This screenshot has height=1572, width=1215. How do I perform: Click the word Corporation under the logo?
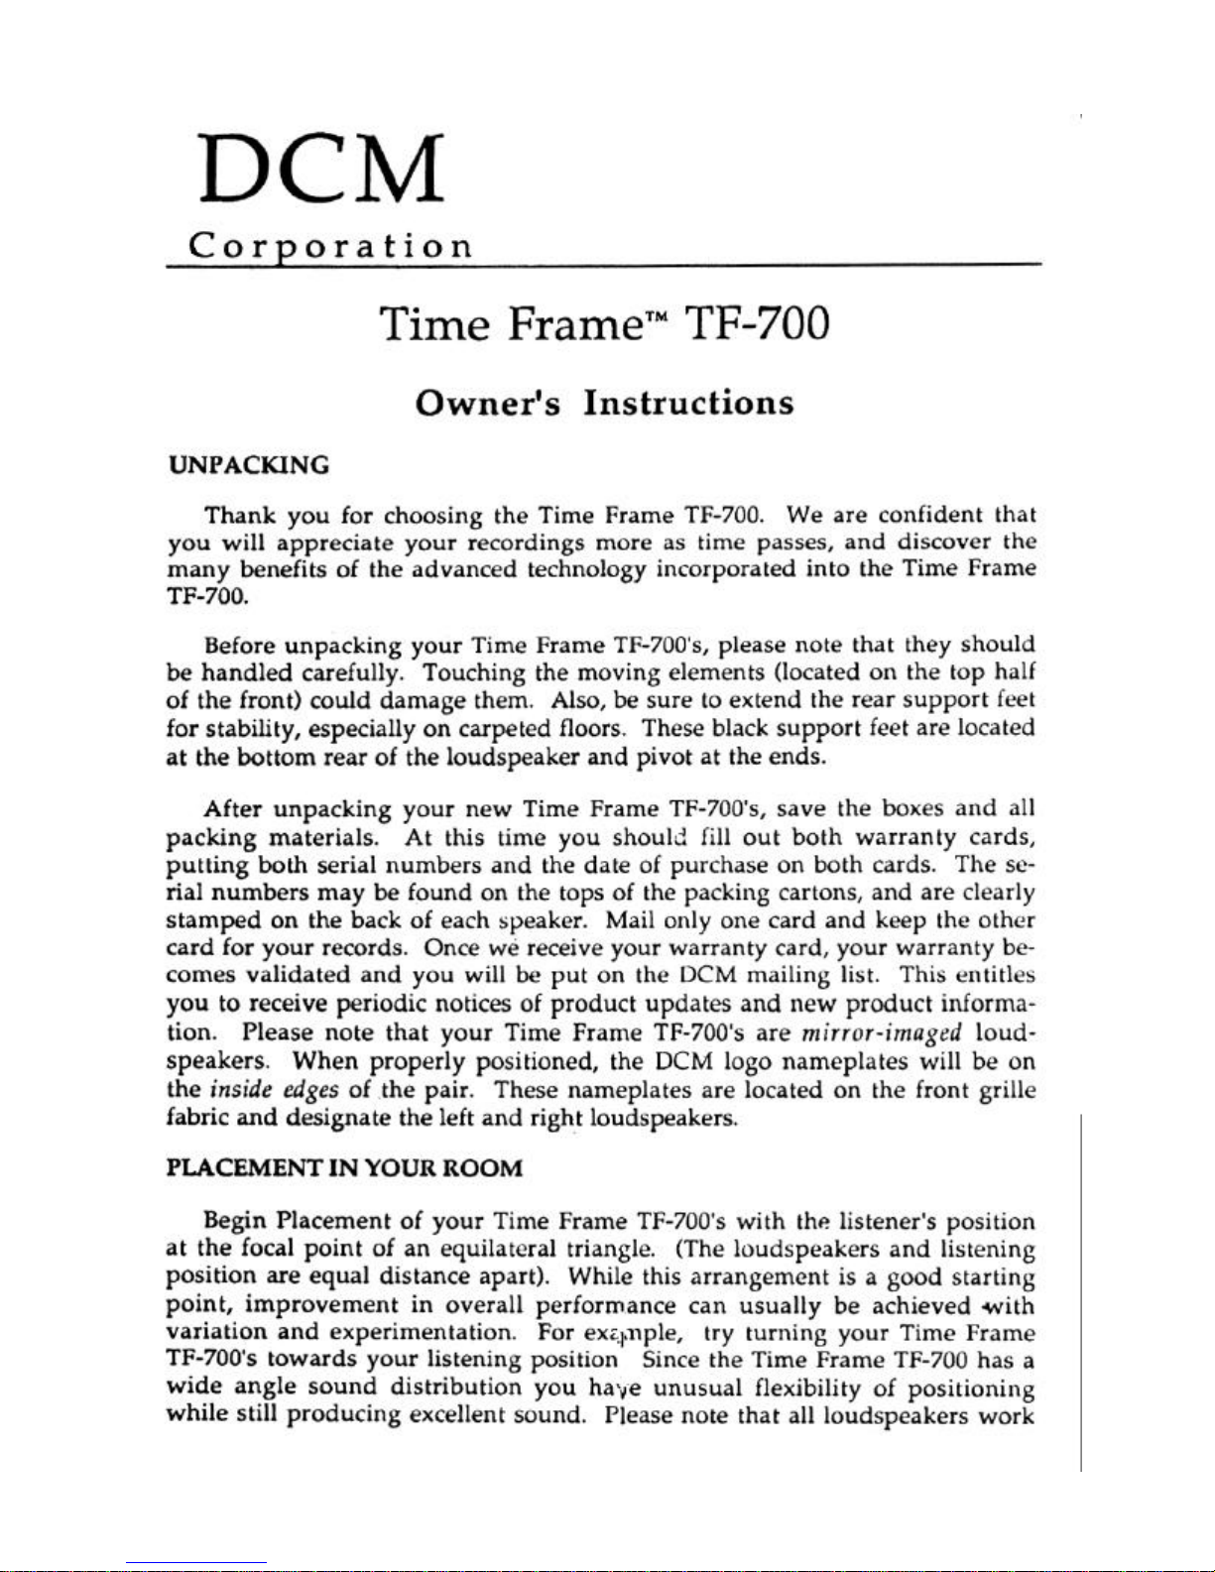[330, 245]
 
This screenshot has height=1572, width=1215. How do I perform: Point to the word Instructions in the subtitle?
[688, 403]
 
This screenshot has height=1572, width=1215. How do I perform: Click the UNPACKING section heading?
[248, 465]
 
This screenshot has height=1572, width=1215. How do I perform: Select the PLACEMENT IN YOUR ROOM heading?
[343, 1167]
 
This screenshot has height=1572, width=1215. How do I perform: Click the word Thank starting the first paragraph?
[240, 516]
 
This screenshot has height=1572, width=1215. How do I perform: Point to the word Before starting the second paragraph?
[239, 646]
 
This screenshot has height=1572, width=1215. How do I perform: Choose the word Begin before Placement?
[236, 1221]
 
